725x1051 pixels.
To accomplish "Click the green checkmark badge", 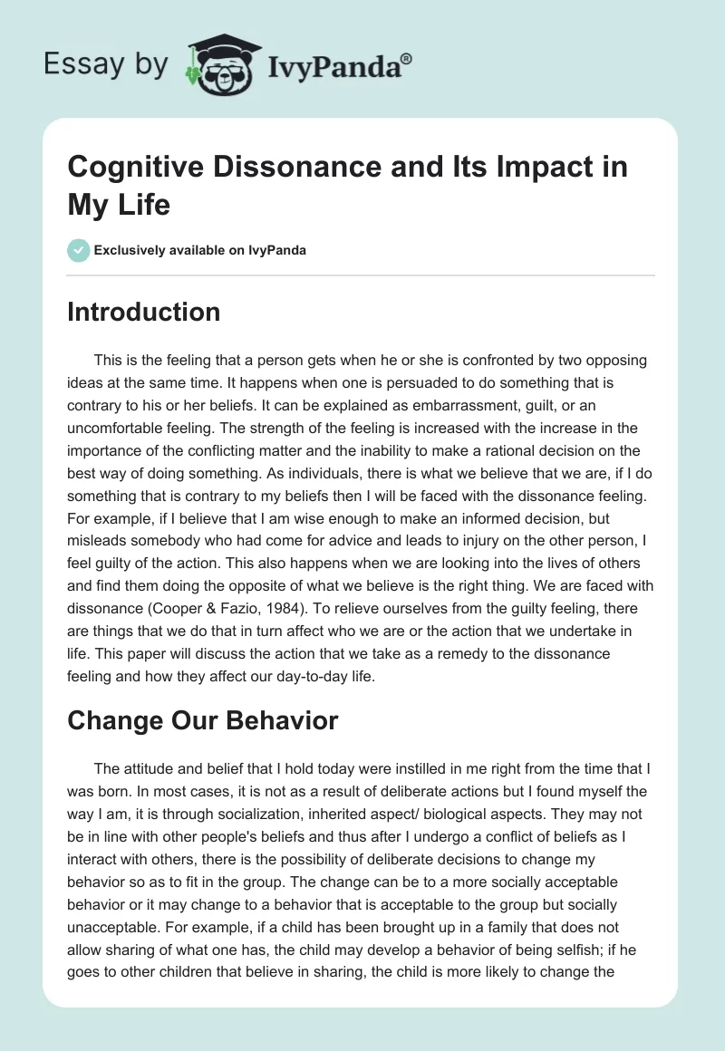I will coord(79,250).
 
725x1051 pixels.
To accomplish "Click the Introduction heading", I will coord(144,312).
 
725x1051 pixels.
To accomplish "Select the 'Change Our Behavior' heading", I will coord(203,720).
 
